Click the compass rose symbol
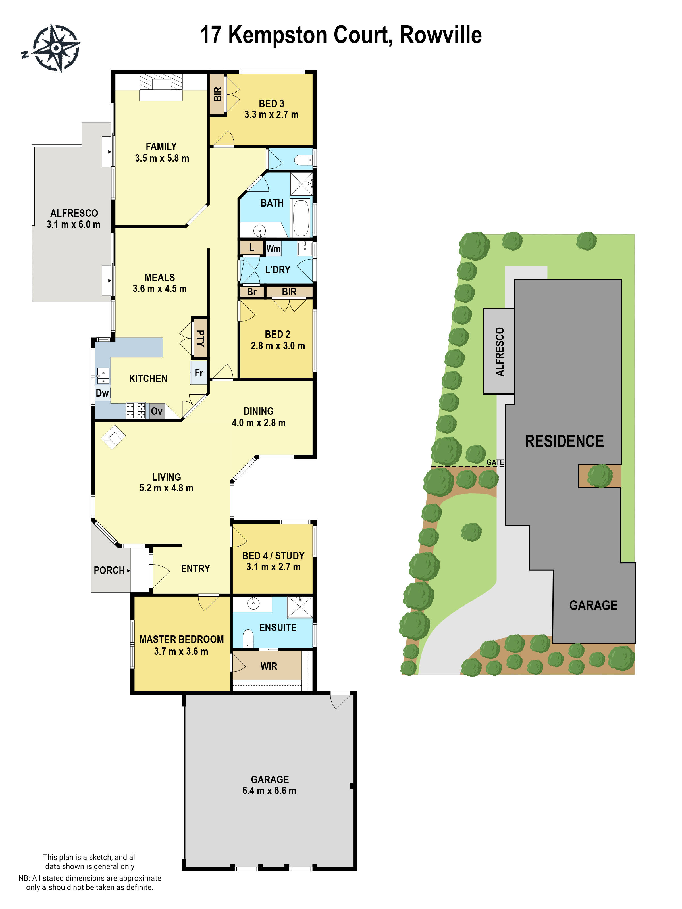point(56,48)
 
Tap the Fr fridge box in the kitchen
point(199,372)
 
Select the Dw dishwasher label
point(102,393)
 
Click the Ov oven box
point(157,411)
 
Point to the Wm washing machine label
point(273,248)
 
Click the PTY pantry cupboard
point(200,338)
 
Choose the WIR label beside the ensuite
point(269,666)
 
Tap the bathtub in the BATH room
point(301,218)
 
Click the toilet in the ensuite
point(248,638)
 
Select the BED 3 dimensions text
point(271,115)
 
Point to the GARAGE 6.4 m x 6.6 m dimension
point(269,790)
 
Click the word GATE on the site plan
point(495,462)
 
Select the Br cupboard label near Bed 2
point(251,292)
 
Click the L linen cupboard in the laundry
point(251,247)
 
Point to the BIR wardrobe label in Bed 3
point(217,94)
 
